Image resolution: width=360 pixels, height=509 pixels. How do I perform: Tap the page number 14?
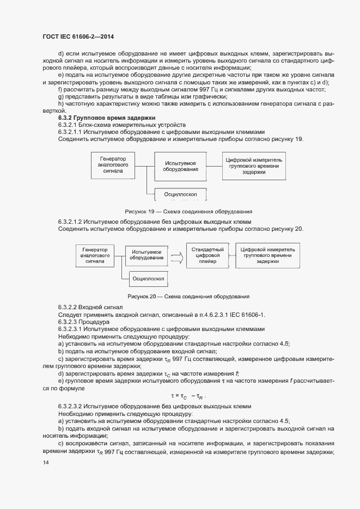45,463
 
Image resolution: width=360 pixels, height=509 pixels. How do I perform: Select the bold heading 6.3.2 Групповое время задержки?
107,118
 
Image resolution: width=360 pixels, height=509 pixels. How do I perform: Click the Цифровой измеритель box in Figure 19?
254,166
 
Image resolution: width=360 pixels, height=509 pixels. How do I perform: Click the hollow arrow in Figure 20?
176,255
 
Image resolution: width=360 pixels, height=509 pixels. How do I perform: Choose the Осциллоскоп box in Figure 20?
148,279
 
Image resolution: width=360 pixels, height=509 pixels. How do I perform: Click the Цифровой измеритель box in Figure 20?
267,255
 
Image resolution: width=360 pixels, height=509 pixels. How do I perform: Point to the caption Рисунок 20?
188,296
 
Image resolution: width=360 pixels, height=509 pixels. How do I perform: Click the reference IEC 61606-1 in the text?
245,315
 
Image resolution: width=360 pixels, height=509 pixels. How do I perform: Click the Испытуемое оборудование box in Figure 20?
147,255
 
